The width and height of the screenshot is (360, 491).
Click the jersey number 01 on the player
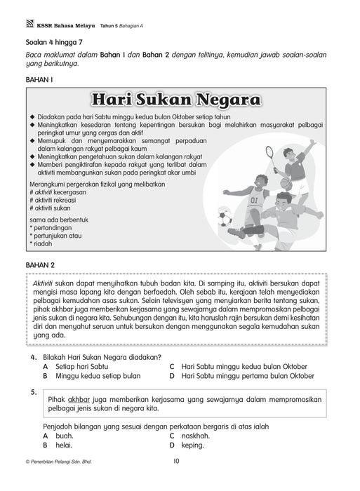(253, 199)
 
